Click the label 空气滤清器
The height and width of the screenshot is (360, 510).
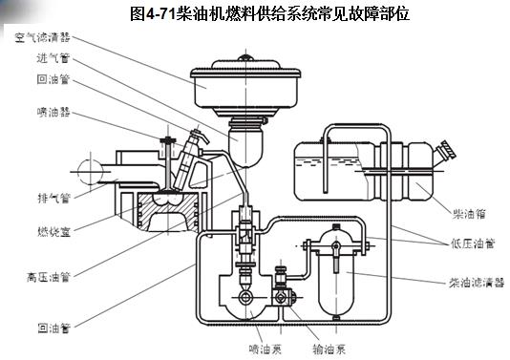(x=42, y=37)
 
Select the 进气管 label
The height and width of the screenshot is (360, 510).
(x=53, y=58)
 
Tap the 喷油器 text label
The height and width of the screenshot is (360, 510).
(x=53, y=112)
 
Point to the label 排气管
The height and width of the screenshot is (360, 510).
(x=54, y=198)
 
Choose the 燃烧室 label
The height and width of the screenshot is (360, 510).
(x=54, y=231)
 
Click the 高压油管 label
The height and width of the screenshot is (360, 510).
(x=49, y=277)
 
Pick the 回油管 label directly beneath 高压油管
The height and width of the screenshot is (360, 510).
(x=54, y=328)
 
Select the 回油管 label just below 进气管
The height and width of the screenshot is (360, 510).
(x=53, y=79)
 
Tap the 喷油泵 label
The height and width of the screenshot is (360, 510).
(x=265, y=349)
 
